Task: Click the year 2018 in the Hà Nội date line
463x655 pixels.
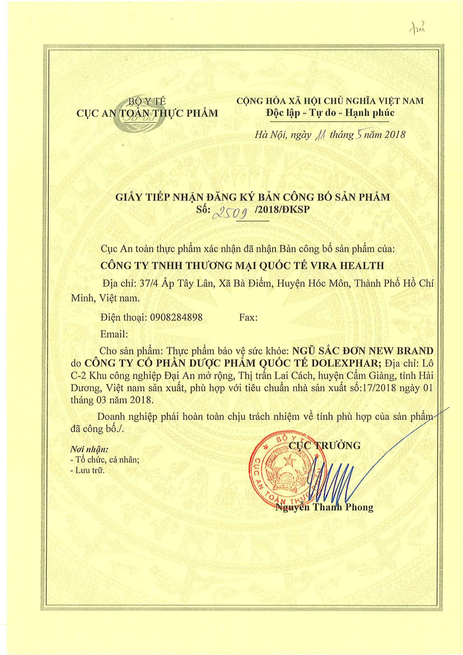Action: point(395,134)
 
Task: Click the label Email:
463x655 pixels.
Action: point(114,334)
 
